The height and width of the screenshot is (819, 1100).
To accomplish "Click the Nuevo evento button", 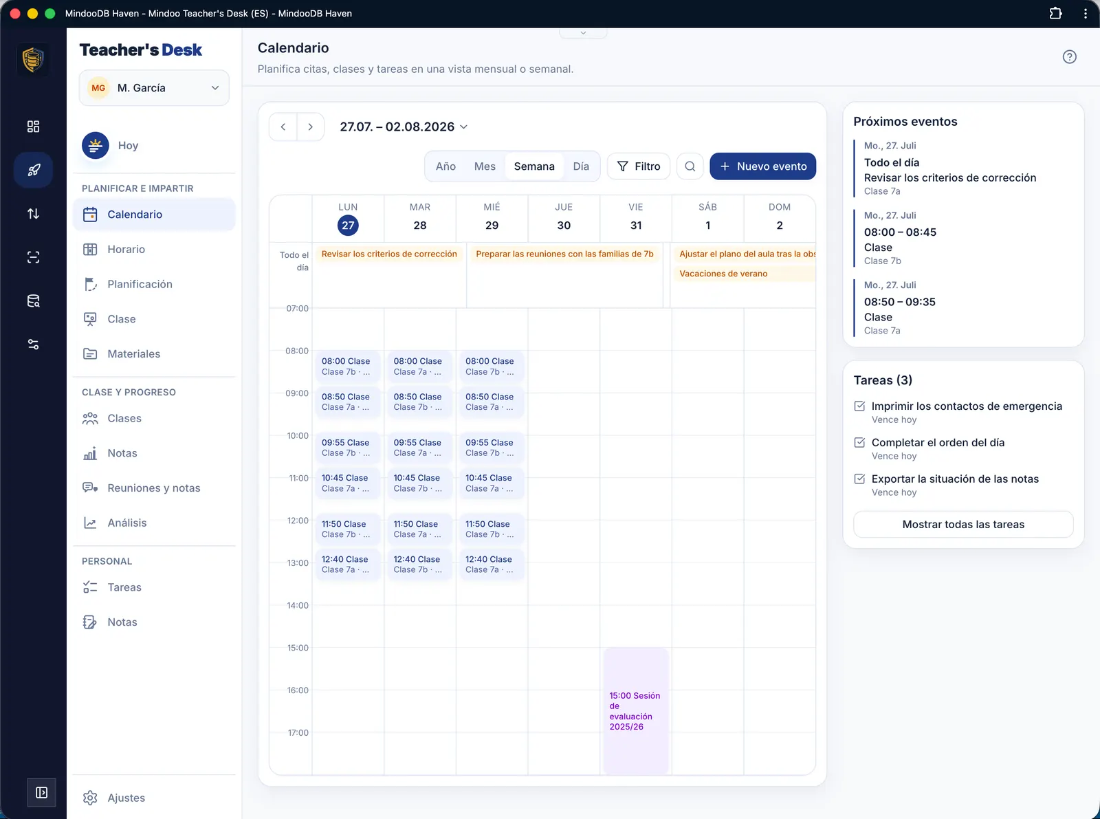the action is click(x=762, y=166).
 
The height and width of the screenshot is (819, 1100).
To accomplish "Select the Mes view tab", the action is click(x=485, y=166).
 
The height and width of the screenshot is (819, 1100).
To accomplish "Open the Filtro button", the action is click(x=638, y=166).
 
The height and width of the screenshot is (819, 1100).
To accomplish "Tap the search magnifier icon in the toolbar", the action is click(x=690, y=166).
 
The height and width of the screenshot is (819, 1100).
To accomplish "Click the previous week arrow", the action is click(x=283, y=127).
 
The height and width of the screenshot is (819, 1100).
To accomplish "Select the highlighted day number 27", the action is click(x=348, y=226).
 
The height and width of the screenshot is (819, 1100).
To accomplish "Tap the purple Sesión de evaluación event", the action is click(x=635, y=710).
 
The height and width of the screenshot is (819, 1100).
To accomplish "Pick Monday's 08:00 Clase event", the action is click(x=347, y=366).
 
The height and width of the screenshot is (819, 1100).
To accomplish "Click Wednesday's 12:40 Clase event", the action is click(x=491, y=564).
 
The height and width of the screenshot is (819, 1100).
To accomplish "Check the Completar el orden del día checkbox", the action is click(x=859, y=442).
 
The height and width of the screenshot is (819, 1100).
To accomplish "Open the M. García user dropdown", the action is click(x=154, y=88).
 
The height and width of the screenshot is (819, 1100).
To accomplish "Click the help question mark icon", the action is click(x=1069, y=57).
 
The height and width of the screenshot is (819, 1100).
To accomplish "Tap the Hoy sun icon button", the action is click(x=96, y=145).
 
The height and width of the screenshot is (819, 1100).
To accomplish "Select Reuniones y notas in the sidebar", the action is click(x=154, y=488).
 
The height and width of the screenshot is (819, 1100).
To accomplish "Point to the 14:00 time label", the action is click(x=298, y=605).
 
